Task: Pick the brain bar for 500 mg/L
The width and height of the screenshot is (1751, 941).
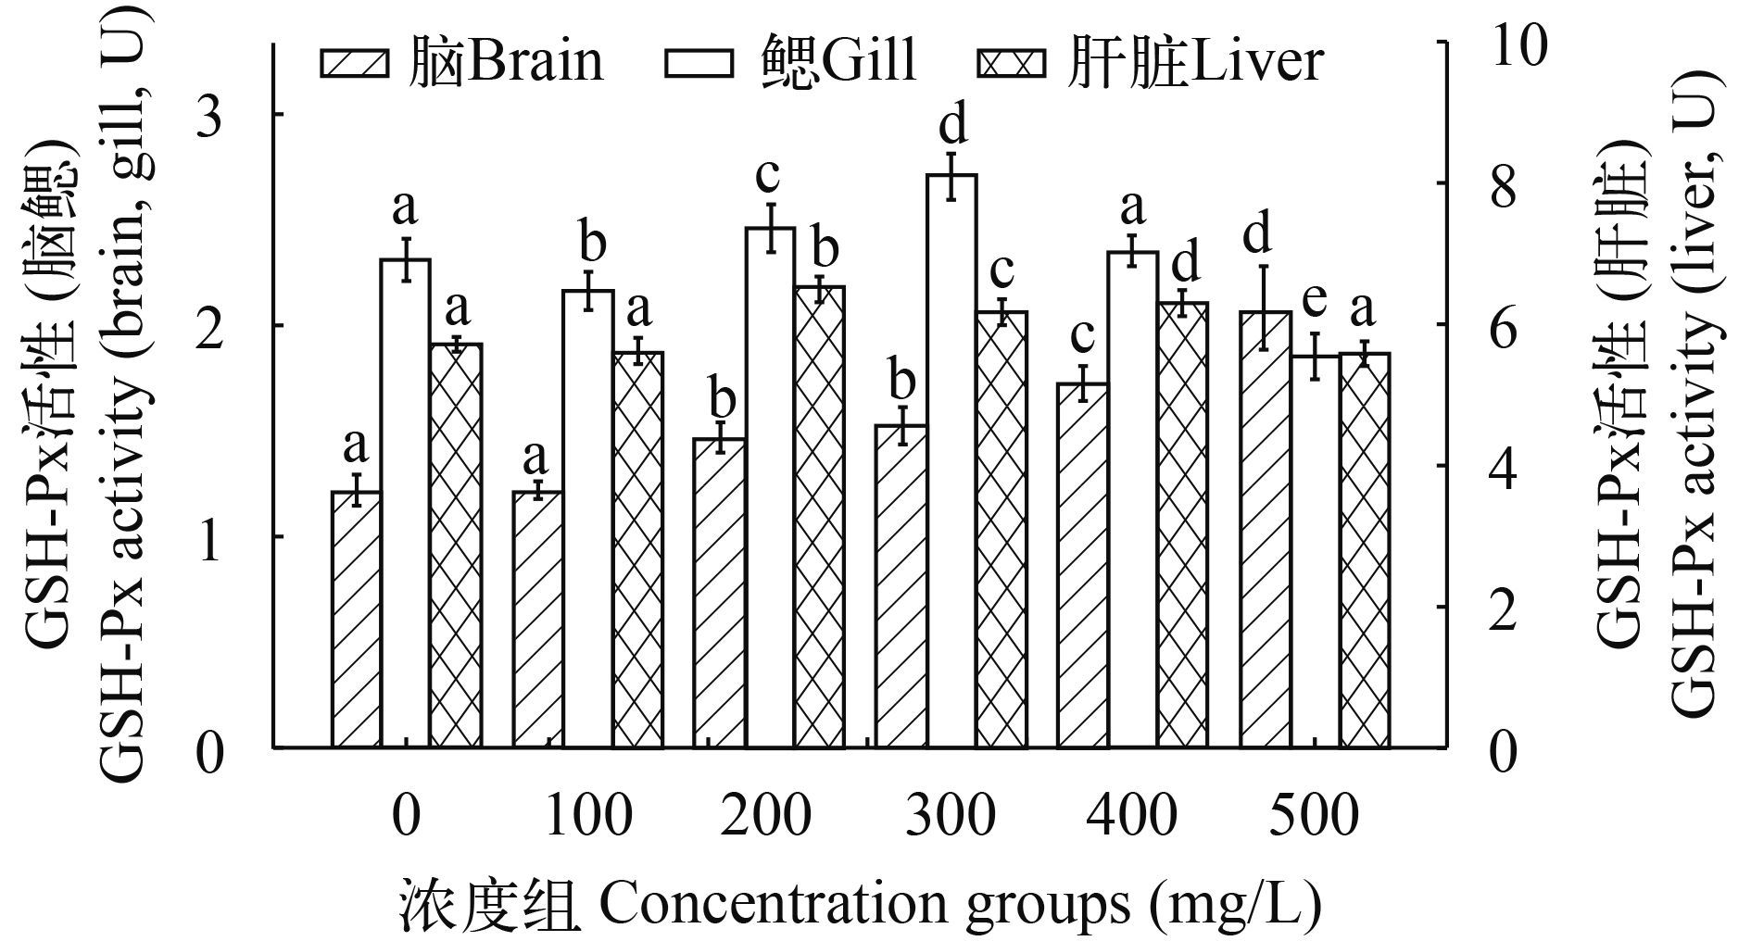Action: pyautogui.click(x=1265, y=528)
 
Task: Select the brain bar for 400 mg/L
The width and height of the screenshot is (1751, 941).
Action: pyautogui.click(x=1082, y=565)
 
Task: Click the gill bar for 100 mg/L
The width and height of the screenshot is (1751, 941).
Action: pyautogui.click(x=588, y=519)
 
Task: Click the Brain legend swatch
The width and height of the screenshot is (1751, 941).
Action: pyautogui.click(x=355, y=64)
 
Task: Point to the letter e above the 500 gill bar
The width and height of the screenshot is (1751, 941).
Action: pyautogui.click(x=1314, y=300)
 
